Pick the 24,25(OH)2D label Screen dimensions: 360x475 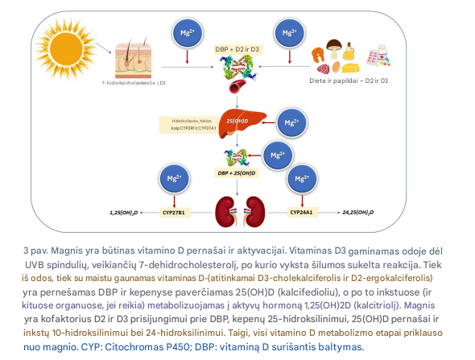(362, 213)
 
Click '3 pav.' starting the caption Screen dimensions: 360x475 (35, 251)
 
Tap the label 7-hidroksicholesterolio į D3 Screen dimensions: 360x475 (133, 82)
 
